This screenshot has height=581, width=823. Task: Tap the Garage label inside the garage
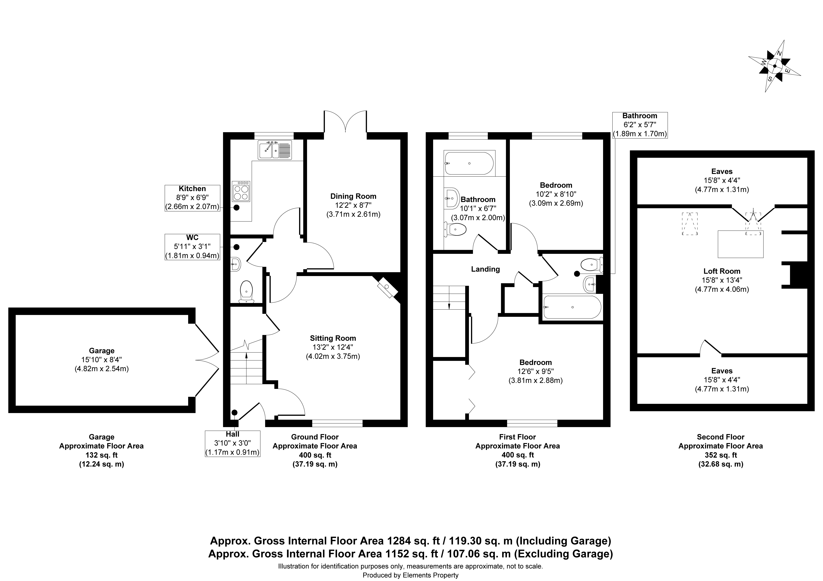point(102,351)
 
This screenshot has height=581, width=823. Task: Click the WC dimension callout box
point(192,247)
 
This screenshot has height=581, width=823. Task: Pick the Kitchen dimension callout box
point(192,198)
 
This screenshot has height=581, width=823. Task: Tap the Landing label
point(485,269)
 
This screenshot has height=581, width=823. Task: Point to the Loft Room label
point(722,271)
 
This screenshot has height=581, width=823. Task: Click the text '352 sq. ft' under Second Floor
point(720,455)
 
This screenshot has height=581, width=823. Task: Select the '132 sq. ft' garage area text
point(101,455)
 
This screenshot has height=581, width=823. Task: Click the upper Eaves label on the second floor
point(722,172)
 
